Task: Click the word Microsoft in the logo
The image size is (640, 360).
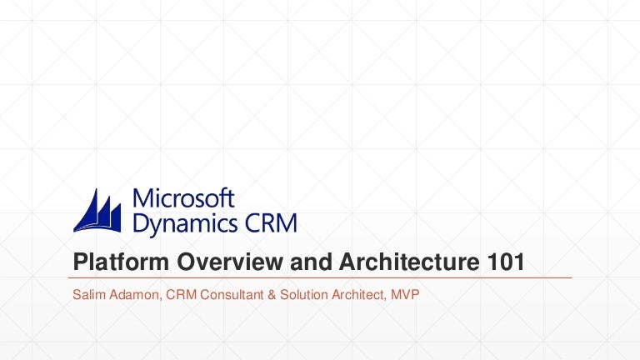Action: (x=184, y=199)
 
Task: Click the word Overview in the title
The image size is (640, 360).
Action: (x=215, y=262)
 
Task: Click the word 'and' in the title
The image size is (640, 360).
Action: (x=303, y=262)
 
